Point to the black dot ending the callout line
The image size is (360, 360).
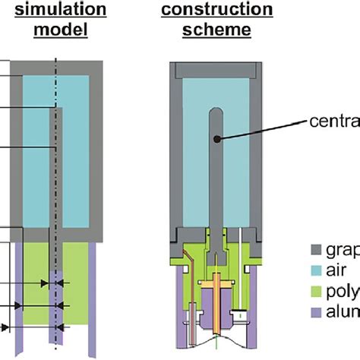[x=218, y=139]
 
